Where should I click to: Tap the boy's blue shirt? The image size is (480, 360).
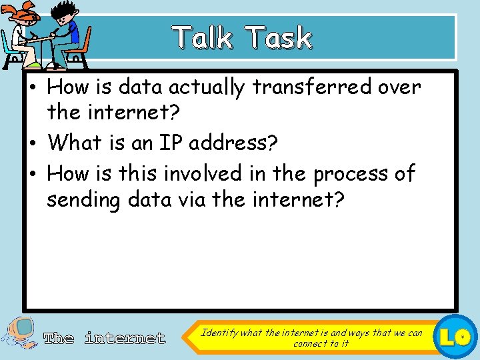pyautogui.click(x=71, y=33)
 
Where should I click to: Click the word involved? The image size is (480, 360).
pyautogui.click(x=203, y=173)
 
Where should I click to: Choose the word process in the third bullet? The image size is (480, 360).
pyautogui.click(x=352, y=173)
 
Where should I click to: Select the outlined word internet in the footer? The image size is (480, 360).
pyautogui.click(x=125, y=338)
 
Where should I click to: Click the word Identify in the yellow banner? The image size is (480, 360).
pyautogui.click(x=219, y=332)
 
